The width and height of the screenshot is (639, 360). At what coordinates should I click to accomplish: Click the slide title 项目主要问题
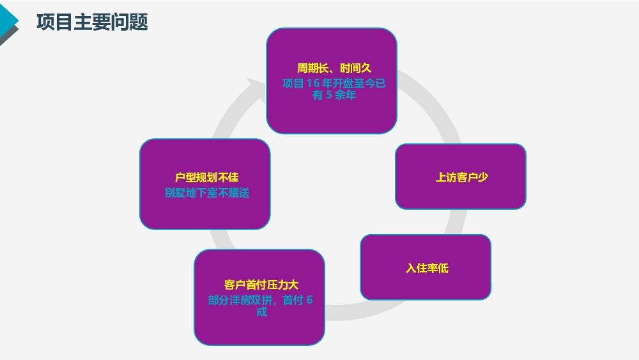(x=92, y=22)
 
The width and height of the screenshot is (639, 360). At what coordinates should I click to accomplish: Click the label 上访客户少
(x=461, y=177)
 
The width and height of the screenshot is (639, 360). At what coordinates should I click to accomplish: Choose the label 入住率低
(x=427, y=268)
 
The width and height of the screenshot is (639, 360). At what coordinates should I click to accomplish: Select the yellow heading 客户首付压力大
(x=261, y=285)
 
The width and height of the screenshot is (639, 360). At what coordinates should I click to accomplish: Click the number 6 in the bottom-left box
(x=309, y=300)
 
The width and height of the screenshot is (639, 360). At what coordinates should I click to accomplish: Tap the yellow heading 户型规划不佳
(x=207, y=177)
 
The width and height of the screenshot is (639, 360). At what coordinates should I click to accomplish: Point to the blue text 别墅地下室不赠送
(x=207, y=192)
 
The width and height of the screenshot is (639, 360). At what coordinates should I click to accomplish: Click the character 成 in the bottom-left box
(x=261, y=312)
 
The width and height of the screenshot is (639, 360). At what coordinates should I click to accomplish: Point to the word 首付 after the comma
(x=292, y=300)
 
